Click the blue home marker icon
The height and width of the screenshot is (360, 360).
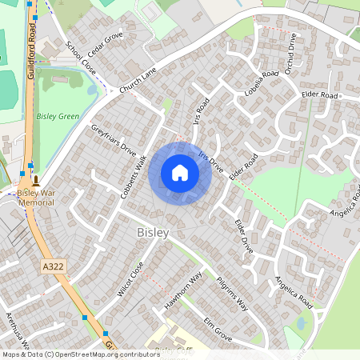coord(180,173)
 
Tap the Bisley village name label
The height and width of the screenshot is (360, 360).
coord(153,232)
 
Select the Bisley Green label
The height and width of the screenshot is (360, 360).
coord(58,117)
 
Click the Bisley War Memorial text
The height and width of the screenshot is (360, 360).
coord(36,198)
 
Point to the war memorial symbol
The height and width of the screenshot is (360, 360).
coord(36,180)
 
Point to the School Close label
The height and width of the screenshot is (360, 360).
coord(81,58)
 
